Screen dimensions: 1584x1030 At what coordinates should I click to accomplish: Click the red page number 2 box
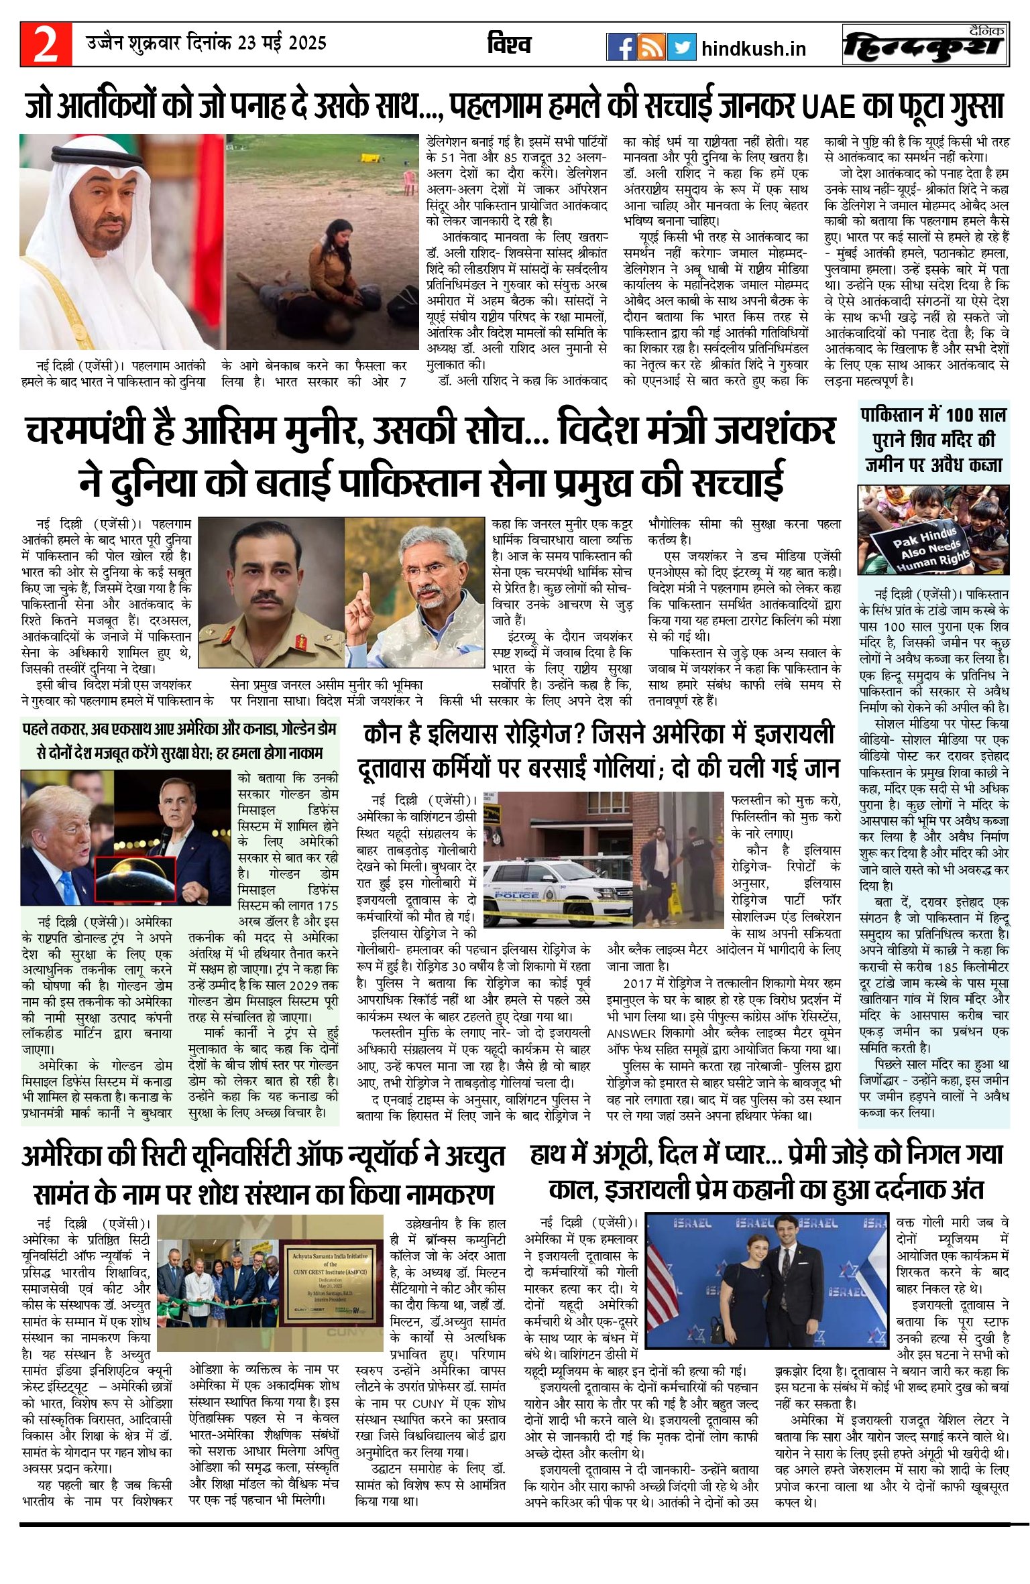point(46,44)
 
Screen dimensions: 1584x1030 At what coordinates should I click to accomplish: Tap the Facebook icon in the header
point(621,48)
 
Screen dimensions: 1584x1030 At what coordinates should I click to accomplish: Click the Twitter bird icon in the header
point(681,48)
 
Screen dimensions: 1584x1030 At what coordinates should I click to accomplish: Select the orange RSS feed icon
point(651,48)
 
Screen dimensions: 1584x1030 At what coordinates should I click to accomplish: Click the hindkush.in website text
point(753,49)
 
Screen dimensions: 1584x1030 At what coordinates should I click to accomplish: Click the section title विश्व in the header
point(509,44)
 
